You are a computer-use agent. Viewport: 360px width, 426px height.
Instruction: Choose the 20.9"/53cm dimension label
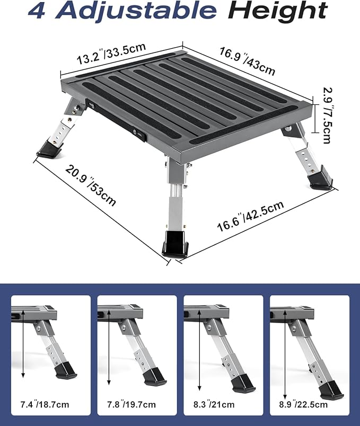coord(91,185)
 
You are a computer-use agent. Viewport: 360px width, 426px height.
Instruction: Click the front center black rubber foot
coord(175,244)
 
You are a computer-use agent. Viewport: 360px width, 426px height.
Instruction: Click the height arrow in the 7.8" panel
coord(109,355)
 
